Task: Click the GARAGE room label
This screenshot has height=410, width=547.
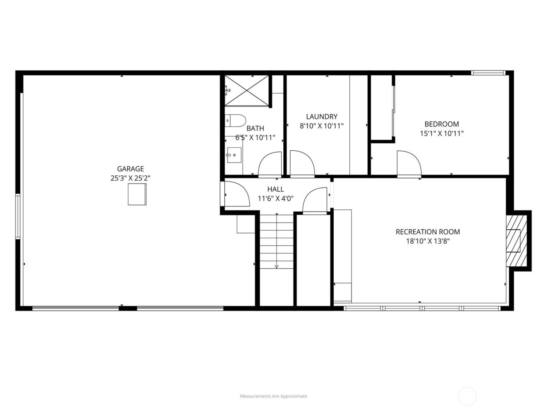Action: (130, 169)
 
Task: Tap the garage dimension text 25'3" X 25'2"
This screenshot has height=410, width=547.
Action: (130, 178)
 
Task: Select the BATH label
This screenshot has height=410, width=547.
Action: (255, 128)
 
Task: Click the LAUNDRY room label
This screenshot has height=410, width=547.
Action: (322, 116)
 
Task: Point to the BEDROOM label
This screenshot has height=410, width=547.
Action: (442, 124)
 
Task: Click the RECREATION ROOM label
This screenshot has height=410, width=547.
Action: (428, 232)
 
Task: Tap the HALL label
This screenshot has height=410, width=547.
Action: (275, 189)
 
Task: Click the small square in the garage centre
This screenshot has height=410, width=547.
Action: (137, 194)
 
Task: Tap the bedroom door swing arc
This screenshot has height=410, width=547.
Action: (409, 163)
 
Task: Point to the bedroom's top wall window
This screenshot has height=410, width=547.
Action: (488, 73)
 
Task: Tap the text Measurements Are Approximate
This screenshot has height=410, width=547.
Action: (273, 396)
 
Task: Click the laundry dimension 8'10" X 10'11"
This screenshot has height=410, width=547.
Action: (322, 126)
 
